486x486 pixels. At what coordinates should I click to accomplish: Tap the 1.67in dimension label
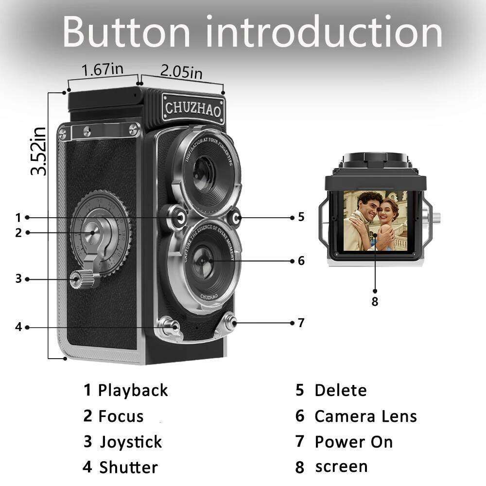coord(102,69)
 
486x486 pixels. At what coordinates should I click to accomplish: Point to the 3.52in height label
coord(38,151)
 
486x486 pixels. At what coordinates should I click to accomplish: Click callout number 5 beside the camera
coord(301,217)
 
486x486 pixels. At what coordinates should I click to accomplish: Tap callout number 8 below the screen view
coord(374,301)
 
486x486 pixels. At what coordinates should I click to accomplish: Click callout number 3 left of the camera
coord(18,279)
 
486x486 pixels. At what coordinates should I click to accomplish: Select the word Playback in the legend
coord(133,390)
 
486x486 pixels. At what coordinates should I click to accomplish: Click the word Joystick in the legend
coord(131,442)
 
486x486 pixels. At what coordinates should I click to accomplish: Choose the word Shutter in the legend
coord(128,468)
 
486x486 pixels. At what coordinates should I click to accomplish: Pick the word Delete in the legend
coord(340,390)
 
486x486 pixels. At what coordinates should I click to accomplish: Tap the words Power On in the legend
coord(353,442)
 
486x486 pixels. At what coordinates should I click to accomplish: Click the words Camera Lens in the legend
coord(365,416)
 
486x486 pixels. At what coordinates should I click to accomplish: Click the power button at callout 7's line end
coord(229,322)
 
